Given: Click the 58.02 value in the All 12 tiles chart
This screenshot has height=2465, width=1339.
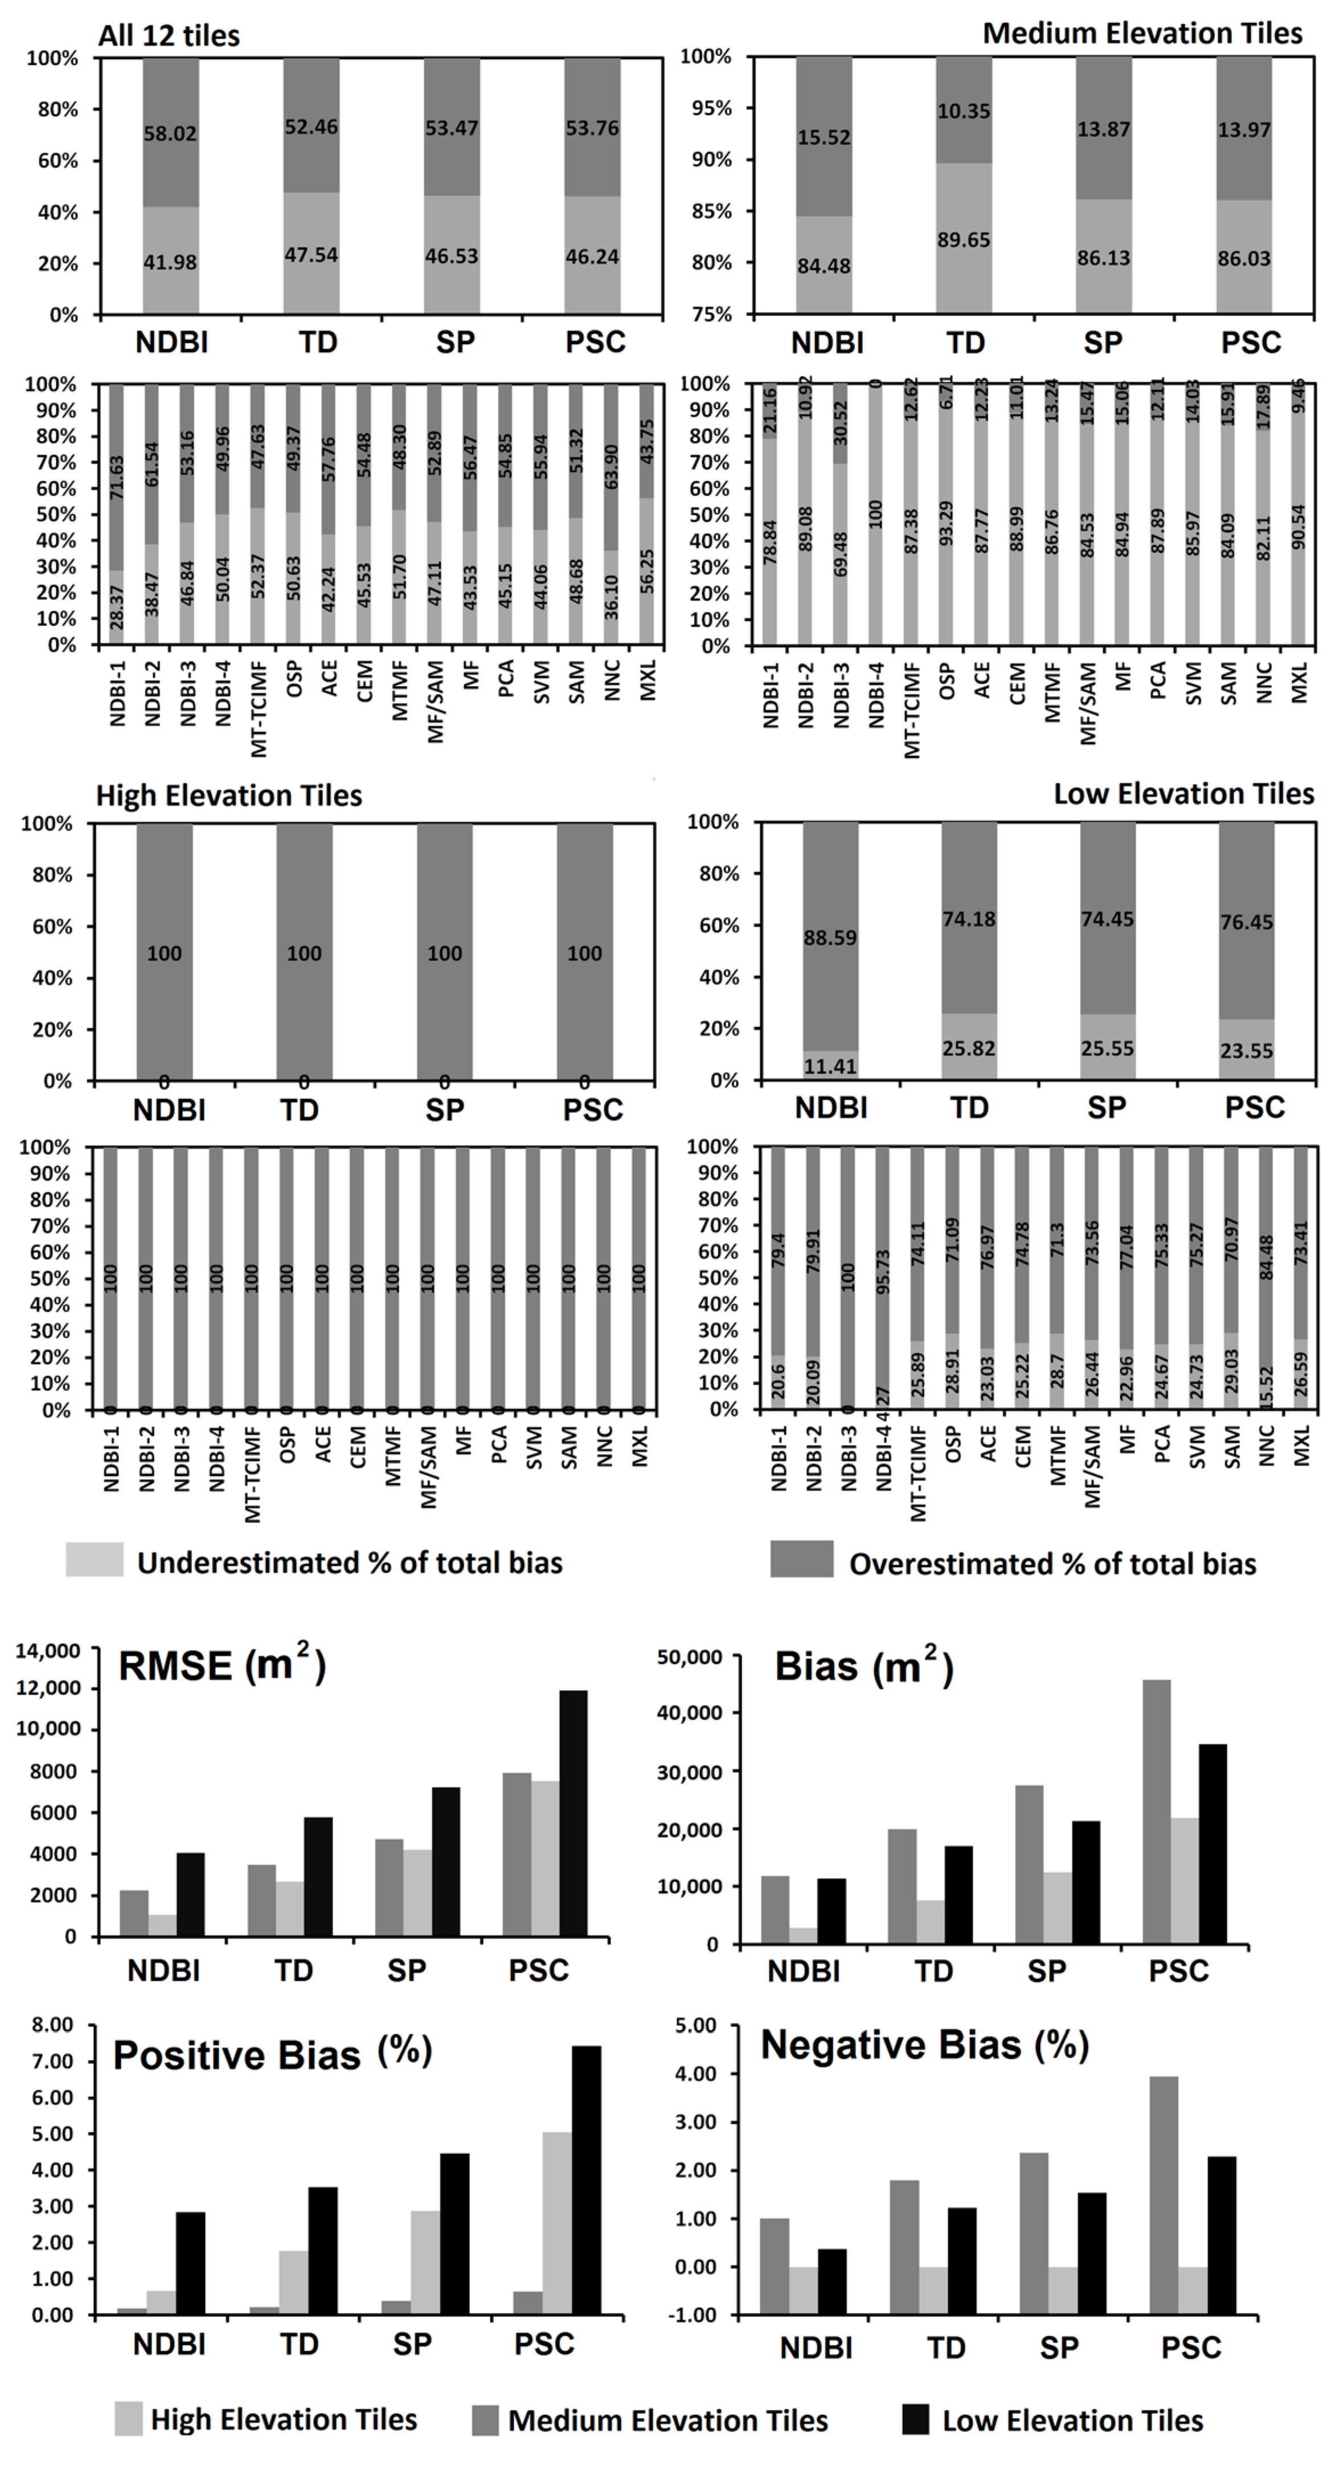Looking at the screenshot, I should click(170, 133).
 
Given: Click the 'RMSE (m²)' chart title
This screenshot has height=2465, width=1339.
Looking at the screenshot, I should click(222, 1666).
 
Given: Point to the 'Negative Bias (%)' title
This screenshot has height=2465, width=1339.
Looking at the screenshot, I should click(925, 2045).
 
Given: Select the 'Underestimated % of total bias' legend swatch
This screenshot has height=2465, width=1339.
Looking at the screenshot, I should click(94, 1559).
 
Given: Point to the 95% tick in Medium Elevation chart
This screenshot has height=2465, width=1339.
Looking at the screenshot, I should click(705, 109).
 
